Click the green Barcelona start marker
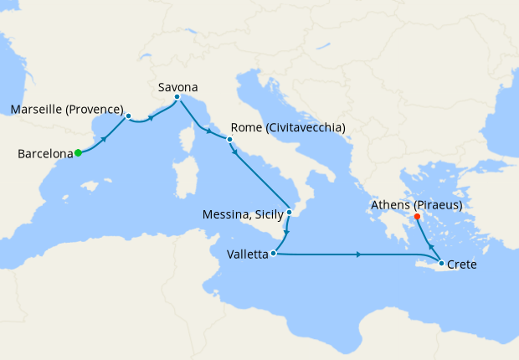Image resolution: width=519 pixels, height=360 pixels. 78,152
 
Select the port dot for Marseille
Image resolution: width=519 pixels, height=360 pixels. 129,116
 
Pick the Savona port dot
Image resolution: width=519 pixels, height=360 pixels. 177,97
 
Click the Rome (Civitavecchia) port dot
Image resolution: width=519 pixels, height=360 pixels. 229,140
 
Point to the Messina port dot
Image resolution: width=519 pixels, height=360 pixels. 289,212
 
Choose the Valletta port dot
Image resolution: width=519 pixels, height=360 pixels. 273,252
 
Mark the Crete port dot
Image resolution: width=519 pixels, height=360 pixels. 440,265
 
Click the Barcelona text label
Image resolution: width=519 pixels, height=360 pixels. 44,153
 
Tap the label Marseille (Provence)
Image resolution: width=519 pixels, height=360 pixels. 66,110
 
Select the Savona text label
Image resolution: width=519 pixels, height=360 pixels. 177,85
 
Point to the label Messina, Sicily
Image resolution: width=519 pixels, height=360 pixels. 243,215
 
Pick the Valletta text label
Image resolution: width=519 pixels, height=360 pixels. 247,253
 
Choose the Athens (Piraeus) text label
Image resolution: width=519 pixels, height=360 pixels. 416,203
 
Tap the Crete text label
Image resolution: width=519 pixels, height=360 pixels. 463,265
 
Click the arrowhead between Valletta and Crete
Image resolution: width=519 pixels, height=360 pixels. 358,254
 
